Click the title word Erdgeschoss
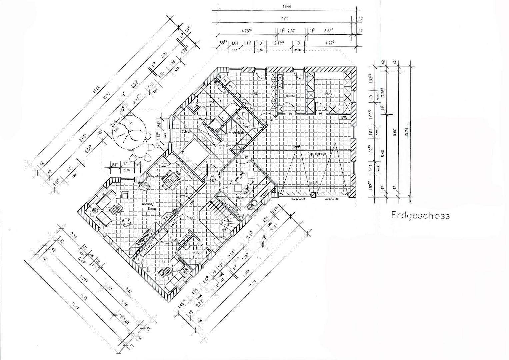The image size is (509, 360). [420, 216]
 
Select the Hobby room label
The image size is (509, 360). [328, 94]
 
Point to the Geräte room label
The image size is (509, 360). [290, 96]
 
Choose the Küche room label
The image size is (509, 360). [239, 197]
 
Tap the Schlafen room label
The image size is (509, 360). [188, 132]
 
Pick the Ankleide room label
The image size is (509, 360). [239, 133]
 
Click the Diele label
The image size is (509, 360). [189, 218]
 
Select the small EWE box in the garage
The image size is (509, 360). [344, 117]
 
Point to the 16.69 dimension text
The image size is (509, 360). [96, 89]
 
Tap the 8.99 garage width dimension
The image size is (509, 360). [296, 147]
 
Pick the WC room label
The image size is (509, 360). [195, 253]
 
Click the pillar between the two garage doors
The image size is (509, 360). [313, 196]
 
